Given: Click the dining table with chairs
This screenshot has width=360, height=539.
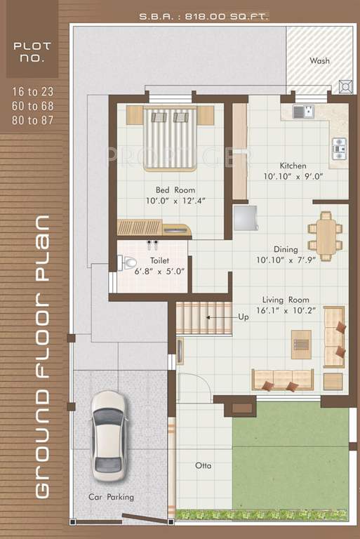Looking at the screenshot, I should point(325,232).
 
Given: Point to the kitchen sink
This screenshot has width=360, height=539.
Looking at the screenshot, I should point(302,111).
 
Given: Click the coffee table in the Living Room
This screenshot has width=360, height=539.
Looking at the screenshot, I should point(301,344).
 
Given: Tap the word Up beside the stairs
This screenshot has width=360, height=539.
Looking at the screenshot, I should point(244,317).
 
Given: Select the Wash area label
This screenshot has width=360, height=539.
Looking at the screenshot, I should point(319,61).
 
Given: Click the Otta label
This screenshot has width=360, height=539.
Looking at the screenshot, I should point(204,465).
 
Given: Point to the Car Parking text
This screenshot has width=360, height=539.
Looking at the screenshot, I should point(111,497).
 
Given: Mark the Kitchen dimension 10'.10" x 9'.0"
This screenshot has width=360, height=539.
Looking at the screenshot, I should point(293,177).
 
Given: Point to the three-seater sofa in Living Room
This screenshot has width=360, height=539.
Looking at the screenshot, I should point(284,380).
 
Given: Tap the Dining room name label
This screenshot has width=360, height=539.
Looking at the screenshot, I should point(286,249).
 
